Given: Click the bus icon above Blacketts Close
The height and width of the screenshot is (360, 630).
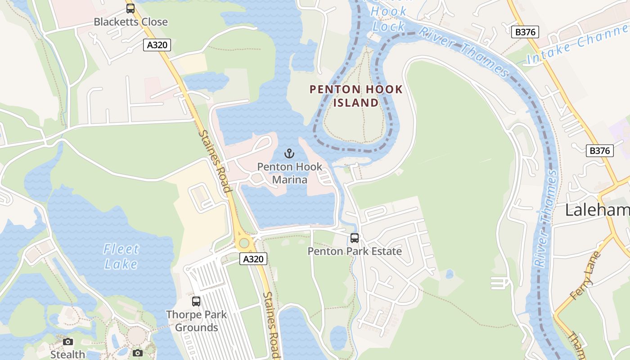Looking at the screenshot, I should coord(130,8).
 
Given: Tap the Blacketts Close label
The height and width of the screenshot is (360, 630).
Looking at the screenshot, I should coord(130,22).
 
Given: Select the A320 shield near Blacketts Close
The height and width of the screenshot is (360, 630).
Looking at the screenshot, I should coord(157,45).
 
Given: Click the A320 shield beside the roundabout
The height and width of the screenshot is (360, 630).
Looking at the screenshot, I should coord(253,259).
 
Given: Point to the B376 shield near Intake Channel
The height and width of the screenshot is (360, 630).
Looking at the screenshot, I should coord(525,32).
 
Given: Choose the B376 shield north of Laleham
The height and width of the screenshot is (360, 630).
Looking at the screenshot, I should coord(600,151).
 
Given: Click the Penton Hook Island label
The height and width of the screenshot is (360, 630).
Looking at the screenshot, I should coord(356,96).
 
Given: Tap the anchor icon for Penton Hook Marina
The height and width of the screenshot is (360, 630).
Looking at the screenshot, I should coord(290,153).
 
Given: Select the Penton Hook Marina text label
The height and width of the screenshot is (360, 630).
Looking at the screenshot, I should coord(290,173).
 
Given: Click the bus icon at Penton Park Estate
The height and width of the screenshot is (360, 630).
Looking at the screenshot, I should coord(355,238).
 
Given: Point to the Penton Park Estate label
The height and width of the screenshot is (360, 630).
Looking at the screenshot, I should coord(355,251).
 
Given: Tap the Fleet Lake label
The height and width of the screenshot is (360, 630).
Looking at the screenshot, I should coord(121,256).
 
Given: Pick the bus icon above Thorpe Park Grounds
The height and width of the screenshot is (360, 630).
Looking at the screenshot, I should coord(196,301).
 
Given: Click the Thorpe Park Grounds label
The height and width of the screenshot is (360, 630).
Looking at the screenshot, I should coord(196,321).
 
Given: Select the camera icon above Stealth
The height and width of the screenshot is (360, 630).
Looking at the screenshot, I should coord(68,342).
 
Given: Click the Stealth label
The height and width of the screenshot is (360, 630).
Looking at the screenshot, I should coord(67,355).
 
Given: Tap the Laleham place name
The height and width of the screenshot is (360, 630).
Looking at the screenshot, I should coord(597,210).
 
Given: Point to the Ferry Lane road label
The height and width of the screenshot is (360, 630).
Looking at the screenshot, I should coord(585,276).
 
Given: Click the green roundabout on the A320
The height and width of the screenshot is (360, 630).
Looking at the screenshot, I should coord(244,243).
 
